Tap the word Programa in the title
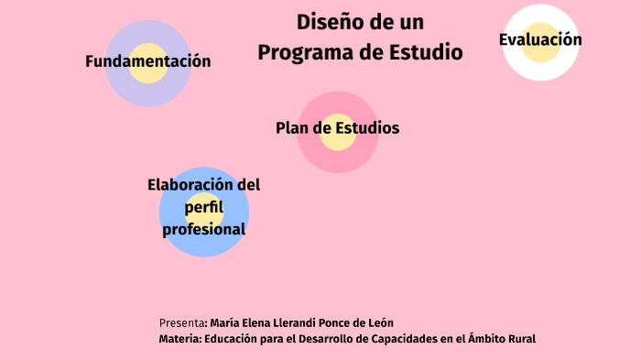[x=304, y=52]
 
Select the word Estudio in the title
[x=428, y=52]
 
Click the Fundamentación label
[x=148, y=61]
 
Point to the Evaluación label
[x=540, y=39]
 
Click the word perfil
[x=203, y=208]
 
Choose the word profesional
[x=203, y=229]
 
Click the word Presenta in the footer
[x=182, y=322]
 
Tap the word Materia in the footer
[x=179, y=339]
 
